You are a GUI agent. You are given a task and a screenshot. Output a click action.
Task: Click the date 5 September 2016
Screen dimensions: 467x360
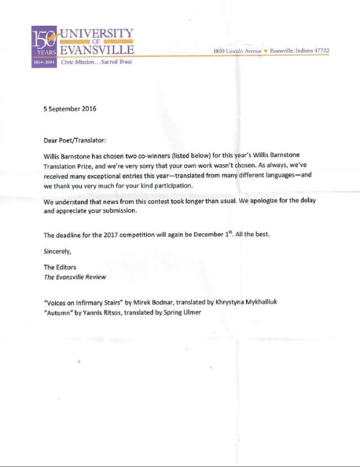click(70, 109)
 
